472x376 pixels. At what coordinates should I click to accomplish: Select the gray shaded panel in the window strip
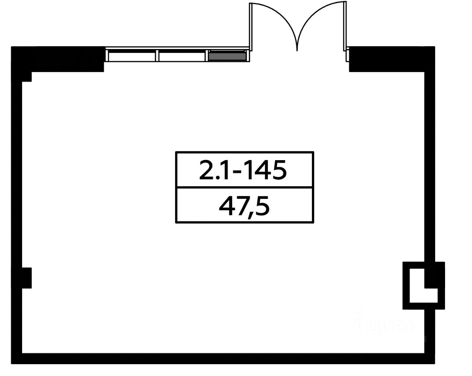(x=227, y=56)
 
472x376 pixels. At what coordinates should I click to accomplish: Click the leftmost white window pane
(x=132, y=56)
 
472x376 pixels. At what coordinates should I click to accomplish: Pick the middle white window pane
(x=182, y=56)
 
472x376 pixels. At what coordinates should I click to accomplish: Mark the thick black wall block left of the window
(x=59, y=59)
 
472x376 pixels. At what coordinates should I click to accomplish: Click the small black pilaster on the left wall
(x=27, y=278)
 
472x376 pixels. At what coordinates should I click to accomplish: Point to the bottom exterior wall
(x=221, y=358)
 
